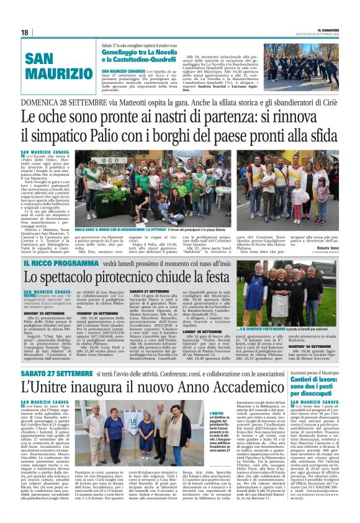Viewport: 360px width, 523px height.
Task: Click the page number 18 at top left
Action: click(x=25, y=32)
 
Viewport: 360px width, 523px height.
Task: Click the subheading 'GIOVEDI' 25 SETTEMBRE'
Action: click(x=61, y=314)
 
